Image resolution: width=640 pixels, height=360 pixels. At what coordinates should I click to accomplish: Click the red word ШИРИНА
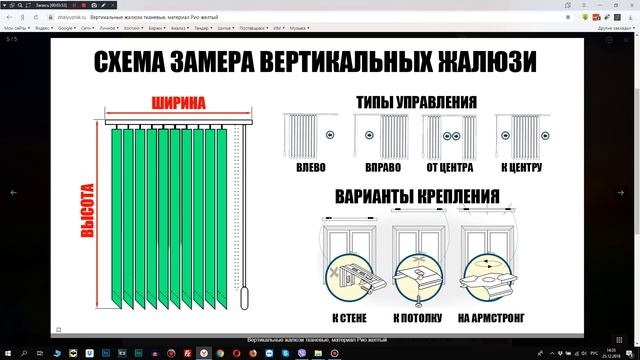[179, 103]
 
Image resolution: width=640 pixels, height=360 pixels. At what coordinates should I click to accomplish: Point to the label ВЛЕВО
[311, 169]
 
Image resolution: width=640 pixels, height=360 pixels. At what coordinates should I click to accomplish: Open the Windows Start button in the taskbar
[8, 352]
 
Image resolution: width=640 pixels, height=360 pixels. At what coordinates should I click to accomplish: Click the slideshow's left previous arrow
[13, 190]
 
